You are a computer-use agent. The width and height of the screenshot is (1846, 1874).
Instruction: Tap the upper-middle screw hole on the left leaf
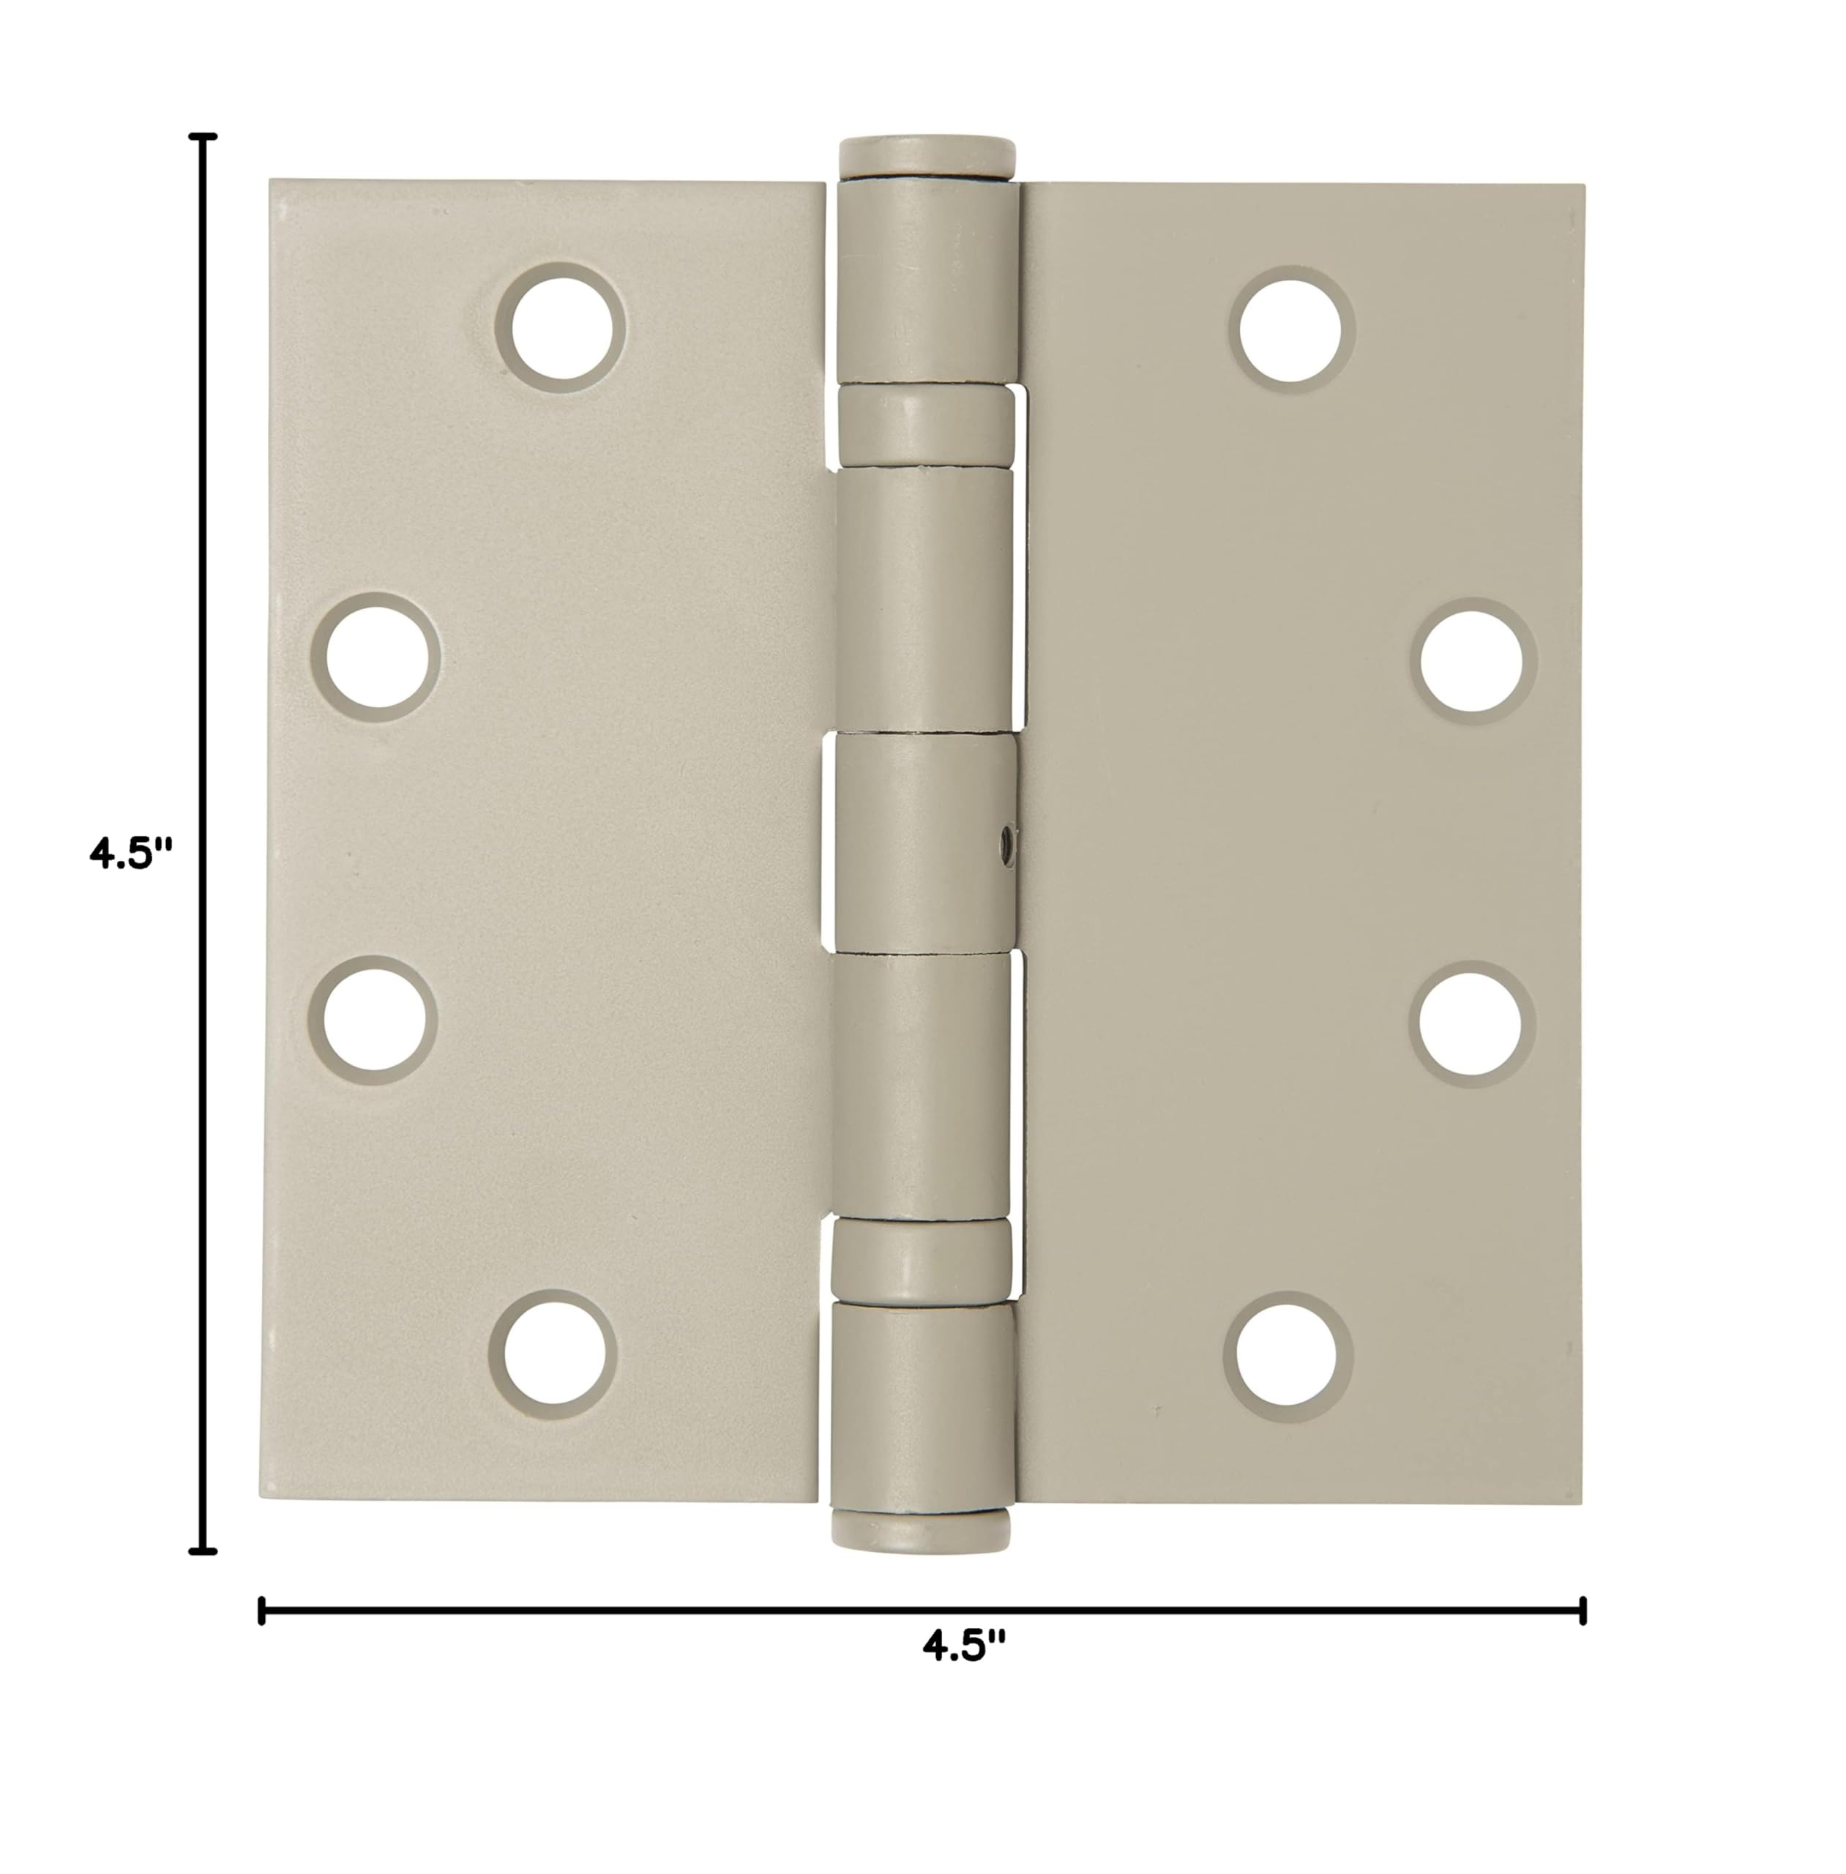[376, 657]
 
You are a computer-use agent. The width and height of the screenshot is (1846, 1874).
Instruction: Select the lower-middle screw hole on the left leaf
[373, 1020]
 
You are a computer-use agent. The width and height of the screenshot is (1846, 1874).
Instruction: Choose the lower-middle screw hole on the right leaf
[1472, 1025]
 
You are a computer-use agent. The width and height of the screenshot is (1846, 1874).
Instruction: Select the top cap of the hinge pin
[926, 154]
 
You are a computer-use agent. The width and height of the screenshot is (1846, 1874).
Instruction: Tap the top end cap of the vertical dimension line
[202, 138]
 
